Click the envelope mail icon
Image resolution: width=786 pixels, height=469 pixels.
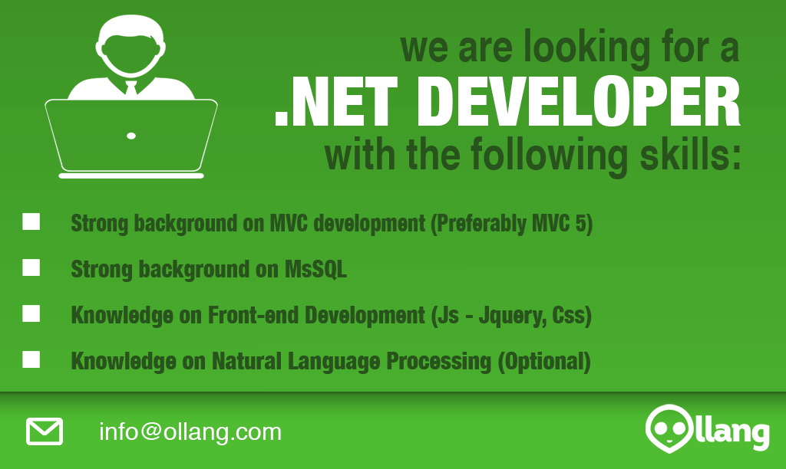45,431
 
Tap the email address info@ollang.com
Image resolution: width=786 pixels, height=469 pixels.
190,432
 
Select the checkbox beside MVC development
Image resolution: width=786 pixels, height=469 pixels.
31,221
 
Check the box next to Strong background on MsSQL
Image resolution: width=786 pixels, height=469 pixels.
31,267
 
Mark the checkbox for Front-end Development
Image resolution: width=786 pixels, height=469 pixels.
31,314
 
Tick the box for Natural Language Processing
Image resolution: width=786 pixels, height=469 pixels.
31,359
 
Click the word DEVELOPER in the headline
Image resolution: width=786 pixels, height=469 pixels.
579,102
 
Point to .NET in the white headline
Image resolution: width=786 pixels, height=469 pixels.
336,102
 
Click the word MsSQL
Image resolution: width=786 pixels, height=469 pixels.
315,269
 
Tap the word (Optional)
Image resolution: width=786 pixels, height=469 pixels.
544,362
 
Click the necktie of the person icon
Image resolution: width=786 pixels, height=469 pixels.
130,88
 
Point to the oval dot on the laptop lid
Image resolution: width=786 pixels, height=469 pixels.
131,136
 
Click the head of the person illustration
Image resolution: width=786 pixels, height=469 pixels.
130,45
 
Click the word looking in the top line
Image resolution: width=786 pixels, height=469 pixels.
587,48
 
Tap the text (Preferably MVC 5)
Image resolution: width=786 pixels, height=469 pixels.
512,224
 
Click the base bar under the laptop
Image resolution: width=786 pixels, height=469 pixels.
131,175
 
